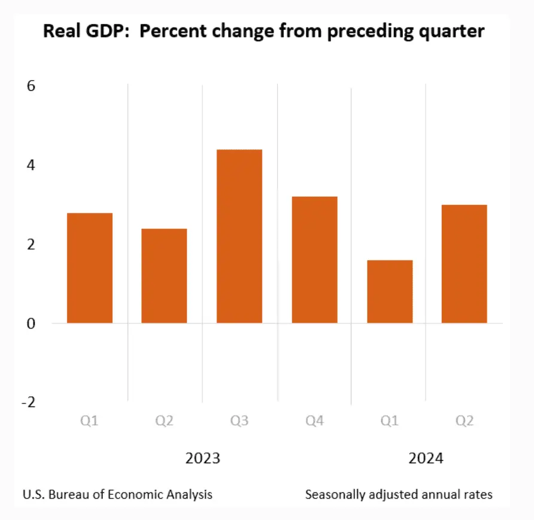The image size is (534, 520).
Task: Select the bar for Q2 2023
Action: [164, 276]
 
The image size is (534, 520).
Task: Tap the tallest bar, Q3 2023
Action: [239, 236]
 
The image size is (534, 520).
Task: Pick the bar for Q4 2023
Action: [314, 259]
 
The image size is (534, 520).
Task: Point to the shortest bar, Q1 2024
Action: [390, 292]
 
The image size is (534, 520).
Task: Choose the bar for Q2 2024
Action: [464, 264]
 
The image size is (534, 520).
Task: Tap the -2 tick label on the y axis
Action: [28, 403]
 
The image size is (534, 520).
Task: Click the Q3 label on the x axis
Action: [239, 421]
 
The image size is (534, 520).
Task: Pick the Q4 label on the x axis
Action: [314, 421]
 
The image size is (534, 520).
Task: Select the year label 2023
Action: [202, 459]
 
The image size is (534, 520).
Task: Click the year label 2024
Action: [426, 459]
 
